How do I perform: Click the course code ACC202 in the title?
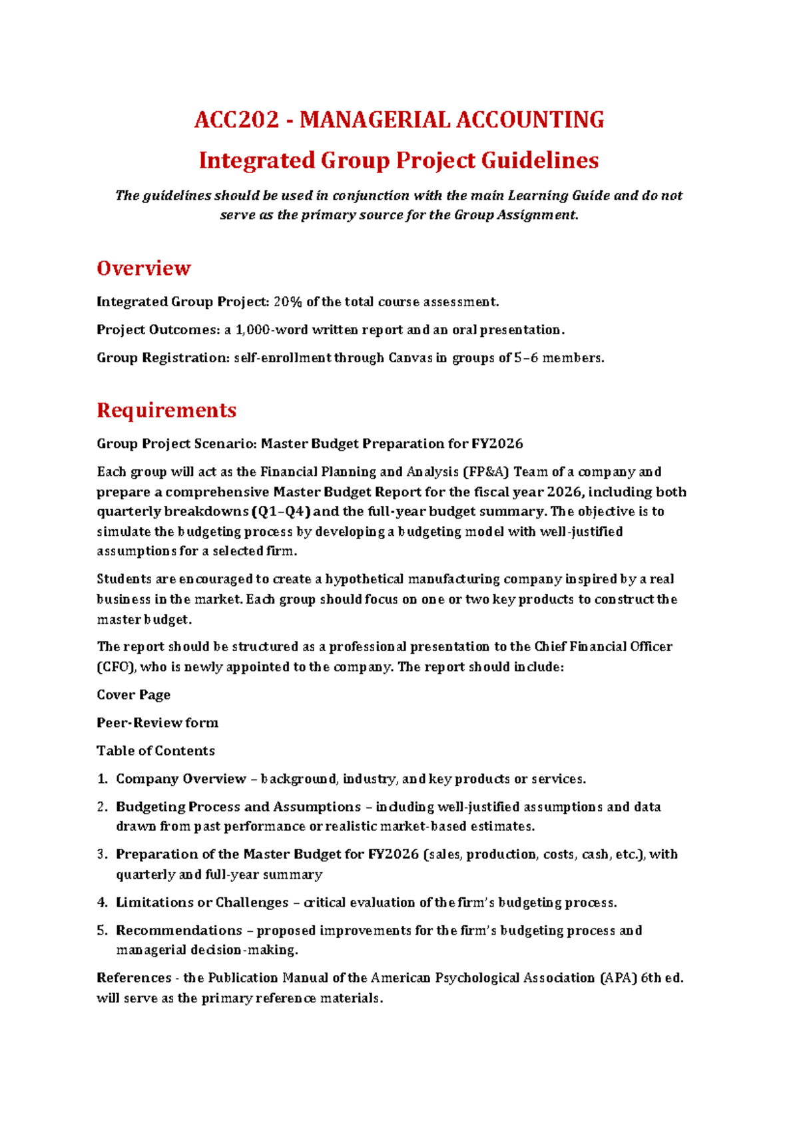[x=236, y=120]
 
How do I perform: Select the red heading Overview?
[x=144, y=268]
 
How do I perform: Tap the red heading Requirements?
[x=166, y=410]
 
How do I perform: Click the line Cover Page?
[x=133, y=695]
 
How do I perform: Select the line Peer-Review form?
[x=157, y=723]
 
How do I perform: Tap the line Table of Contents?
[x=156, y=751]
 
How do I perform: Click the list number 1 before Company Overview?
[x=102, y=779]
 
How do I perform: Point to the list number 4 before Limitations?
[x=102, y=903]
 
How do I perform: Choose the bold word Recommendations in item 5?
[x=179, y=931]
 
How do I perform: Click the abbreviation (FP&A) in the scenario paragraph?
[x=485, y=472]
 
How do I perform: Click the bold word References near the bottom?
[x=134, y=978]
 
